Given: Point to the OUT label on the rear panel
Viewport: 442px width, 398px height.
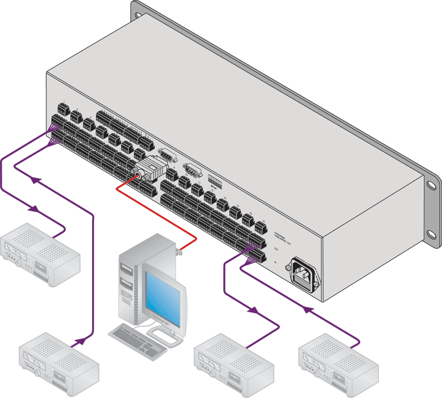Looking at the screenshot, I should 276,249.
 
